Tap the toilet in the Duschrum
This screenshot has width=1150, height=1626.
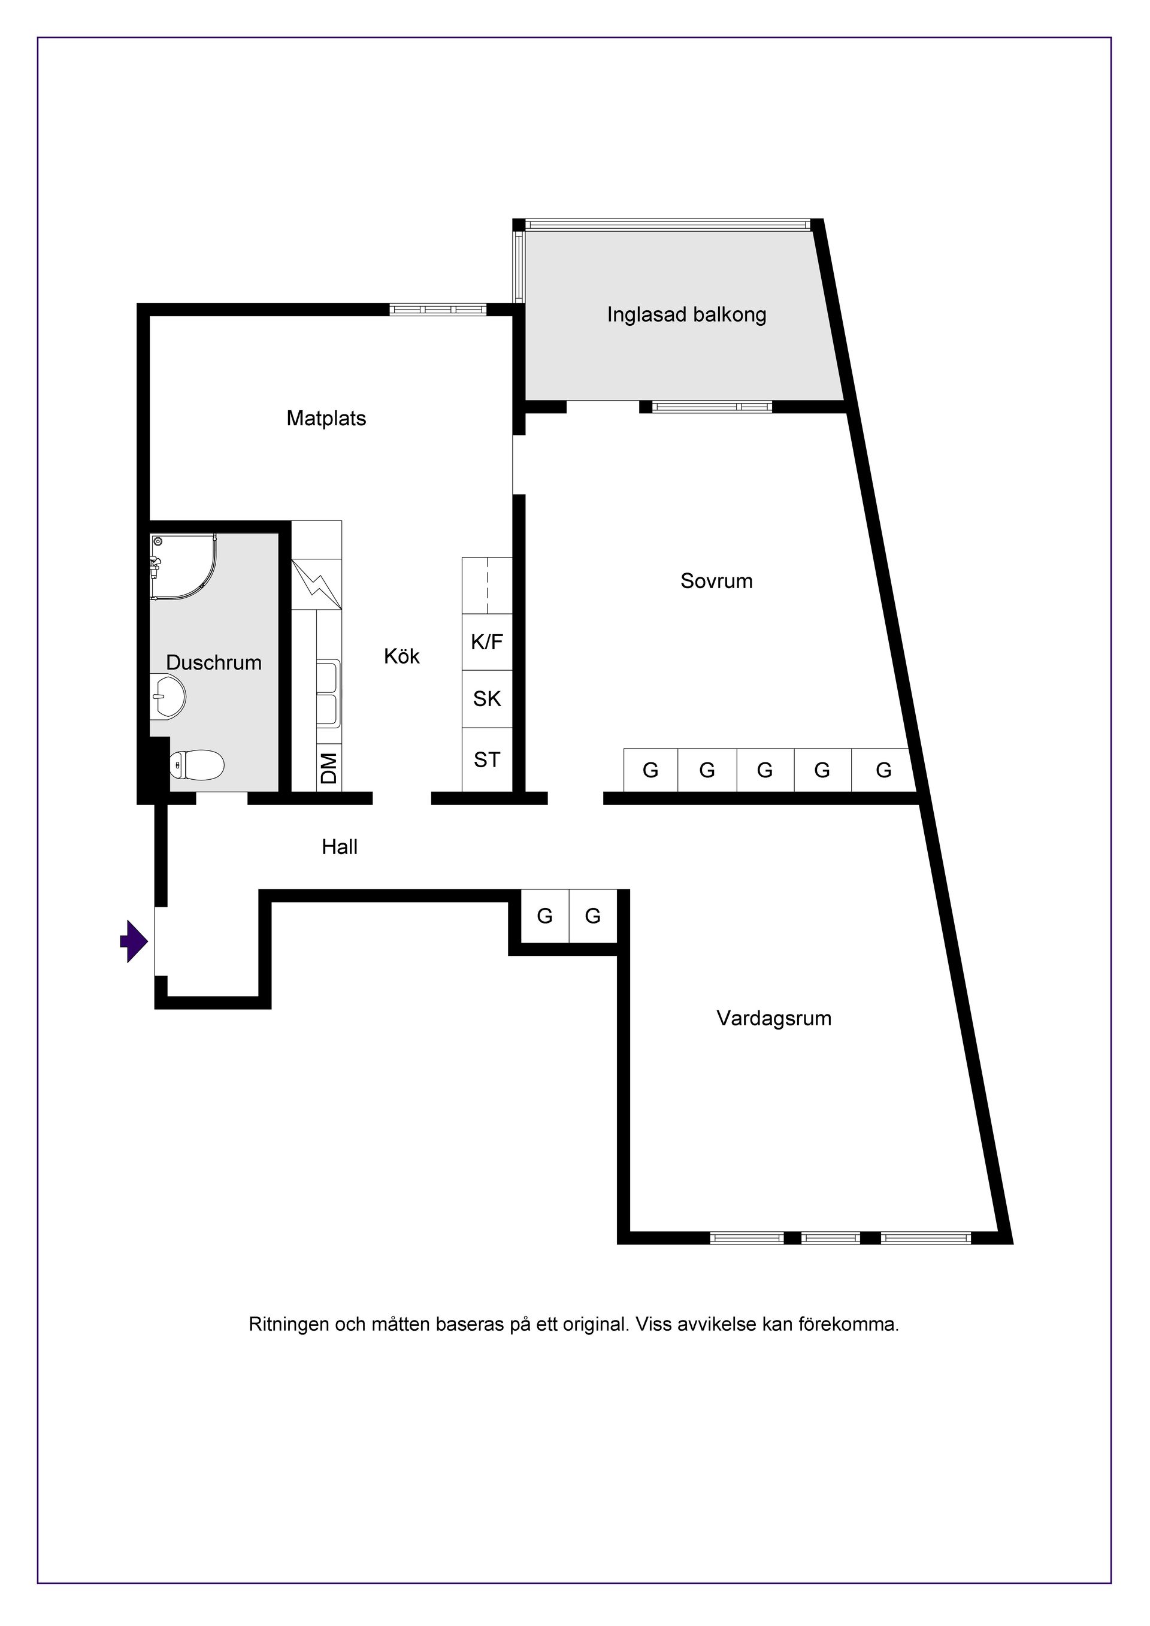tap(197, 764)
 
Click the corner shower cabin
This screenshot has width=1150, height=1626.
tap(183, 567)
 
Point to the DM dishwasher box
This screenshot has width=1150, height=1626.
tap(329, 768)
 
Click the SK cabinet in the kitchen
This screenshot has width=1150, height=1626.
tap(486, 698)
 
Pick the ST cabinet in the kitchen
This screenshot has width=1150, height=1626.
tap(486, 759)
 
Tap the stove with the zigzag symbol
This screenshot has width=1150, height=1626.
tap(316, 585)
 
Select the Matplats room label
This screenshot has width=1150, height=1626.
tap(326, 419)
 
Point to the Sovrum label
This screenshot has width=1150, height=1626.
tap(716, 582)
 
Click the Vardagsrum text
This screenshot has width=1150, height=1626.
tap(774, 1018)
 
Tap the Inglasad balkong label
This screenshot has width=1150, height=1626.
tap(687, 314)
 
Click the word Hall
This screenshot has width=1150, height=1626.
tap(340, 847)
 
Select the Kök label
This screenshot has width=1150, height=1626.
tap(401, 656)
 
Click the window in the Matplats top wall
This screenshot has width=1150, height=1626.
tap(438, 310)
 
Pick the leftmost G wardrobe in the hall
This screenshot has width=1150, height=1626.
tap(544, 916)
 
